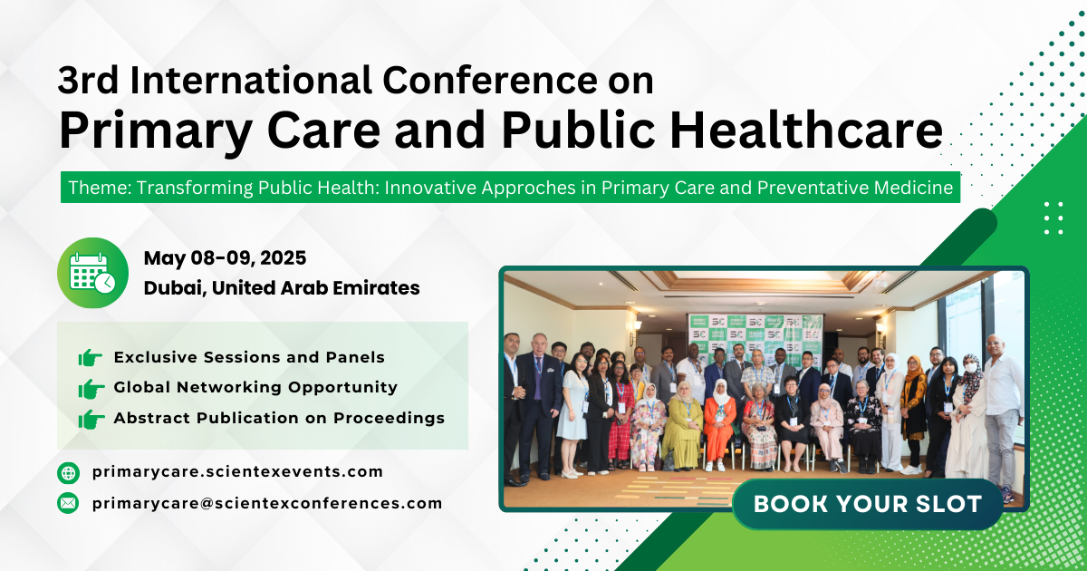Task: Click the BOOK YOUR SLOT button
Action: pyautogui.click(x=868, y=504)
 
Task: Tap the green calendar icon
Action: pyautogui.click(x=92, y=273)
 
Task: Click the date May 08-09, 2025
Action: pyautogui.click(x=225, y=258)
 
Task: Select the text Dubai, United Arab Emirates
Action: pyautogui.click(x=282, y=288)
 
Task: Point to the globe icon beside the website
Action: pyautogui.click(x=68, y=472)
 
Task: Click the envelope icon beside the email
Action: pyautogui.click(x=68, y=503)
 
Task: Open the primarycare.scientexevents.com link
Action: pyautogui.click(x=237, y=472)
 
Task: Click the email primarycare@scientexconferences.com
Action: pyautogui.click(x=267, y=503)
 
